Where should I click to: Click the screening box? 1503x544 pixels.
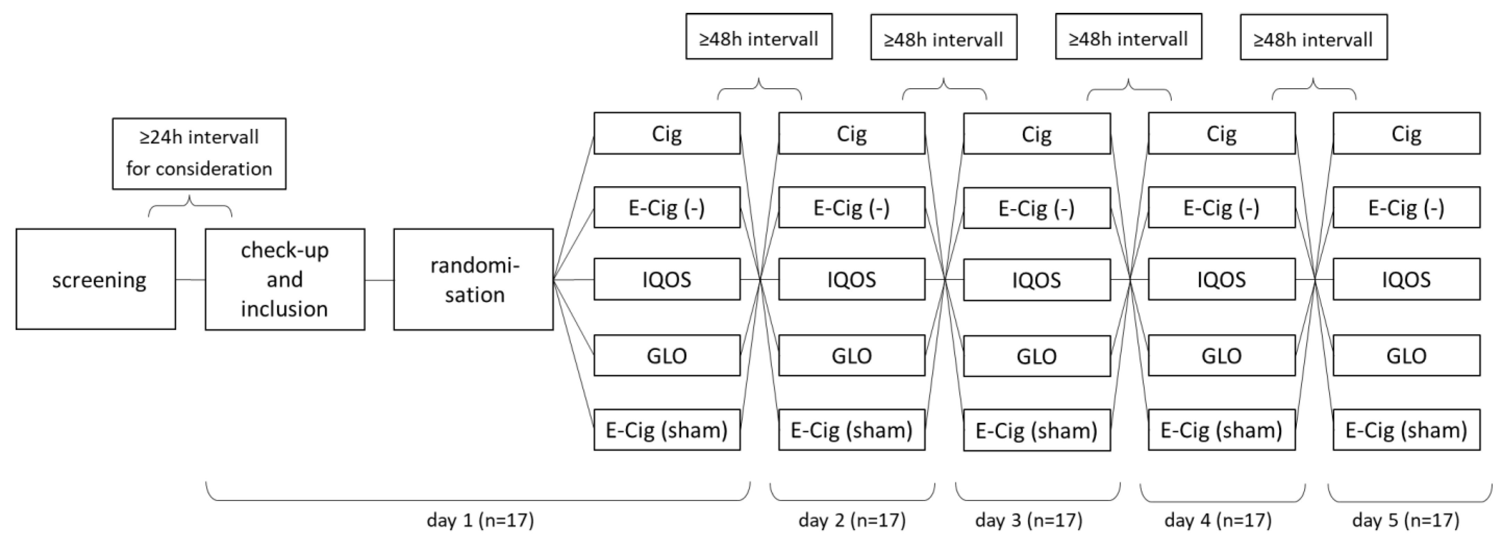coord(96,279)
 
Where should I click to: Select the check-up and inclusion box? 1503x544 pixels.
coord(285,279)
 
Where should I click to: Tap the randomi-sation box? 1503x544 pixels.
coord(473,279)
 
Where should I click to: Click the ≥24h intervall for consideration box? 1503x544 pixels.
coord(199,154)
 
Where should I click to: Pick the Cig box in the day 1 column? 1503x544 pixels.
coord(667,134)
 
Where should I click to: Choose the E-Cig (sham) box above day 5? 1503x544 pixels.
coord(1406,430)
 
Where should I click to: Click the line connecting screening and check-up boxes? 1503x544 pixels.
coord(190,280)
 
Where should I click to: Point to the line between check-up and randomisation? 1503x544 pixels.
coord(379,280)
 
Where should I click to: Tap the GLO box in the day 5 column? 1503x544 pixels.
coord(1406,355)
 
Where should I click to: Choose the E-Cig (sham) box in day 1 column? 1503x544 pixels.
coord(667,430)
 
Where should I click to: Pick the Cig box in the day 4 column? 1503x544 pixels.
coord(1221,134)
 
